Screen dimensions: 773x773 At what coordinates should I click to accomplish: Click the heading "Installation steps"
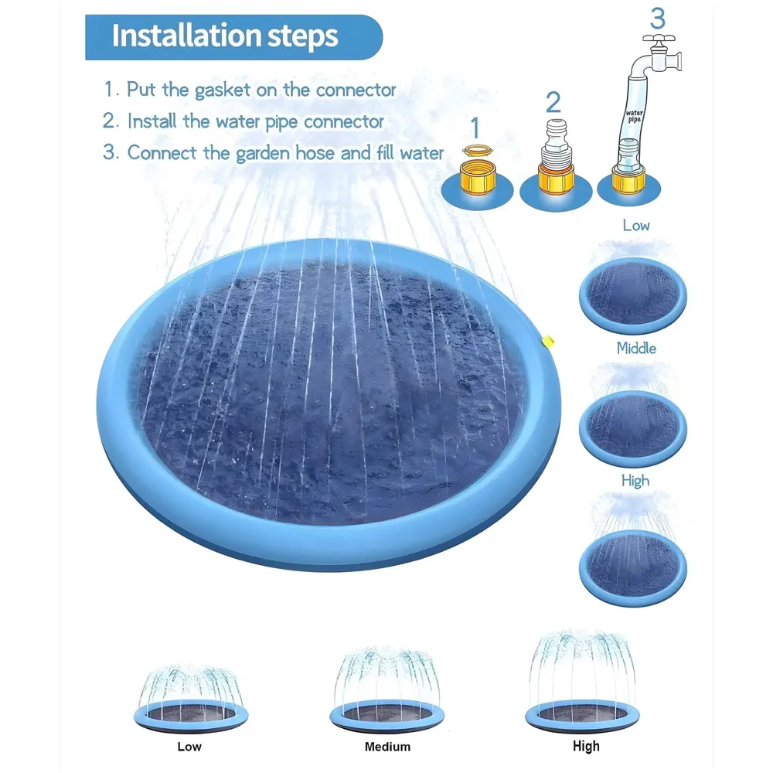click(225, 36)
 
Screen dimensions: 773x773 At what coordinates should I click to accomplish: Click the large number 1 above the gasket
click(475, 128)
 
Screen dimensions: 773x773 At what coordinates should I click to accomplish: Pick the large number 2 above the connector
click(553, 102)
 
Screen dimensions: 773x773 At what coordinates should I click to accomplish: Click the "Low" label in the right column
click(635, 226)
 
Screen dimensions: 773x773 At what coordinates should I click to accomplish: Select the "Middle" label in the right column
click(635, 349)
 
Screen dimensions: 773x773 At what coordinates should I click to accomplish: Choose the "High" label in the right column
click(635, 481)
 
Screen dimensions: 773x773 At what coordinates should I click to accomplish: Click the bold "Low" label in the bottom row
click(189, 746)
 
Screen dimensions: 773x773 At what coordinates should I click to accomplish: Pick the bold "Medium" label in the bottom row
click(387, 747)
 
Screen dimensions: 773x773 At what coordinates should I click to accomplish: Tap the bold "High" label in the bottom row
click(586, 746)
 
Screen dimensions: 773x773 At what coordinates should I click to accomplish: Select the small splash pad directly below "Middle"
click(632, 427)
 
